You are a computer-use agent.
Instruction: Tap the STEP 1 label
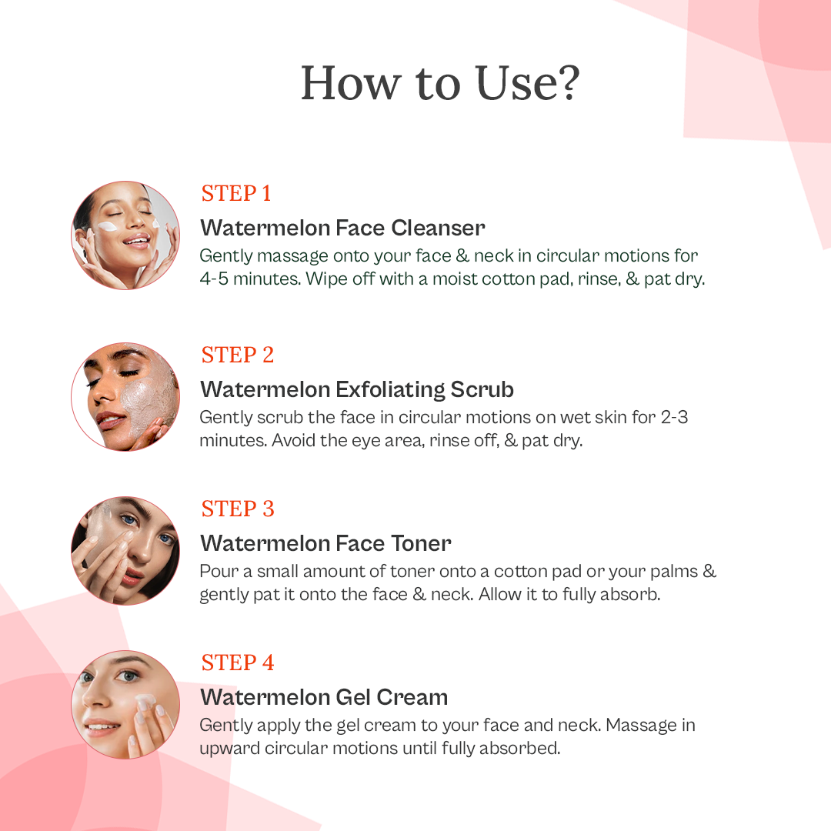click(x=236, y=193)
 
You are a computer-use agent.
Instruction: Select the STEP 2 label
click(x=238, y=355)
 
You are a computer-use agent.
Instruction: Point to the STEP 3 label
click(x=238, y=509)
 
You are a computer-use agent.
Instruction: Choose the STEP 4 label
click(x=238, y=663)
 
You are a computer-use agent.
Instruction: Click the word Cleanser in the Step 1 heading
click(x=438, y=228)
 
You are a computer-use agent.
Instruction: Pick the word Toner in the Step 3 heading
click(x=421, y=544)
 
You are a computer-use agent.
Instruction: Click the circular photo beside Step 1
click(x=125, y=235)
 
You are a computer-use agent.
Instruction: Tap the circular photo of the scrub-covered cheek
click(x=125, y=397)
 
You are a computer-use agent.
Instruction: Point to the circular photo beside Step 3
click(x=125, y=551)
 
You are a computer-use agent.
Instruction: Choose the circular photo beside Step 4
click(x=125, y=705)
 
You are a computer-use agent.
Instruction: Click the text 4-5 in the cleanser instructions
click(x=214, y=279)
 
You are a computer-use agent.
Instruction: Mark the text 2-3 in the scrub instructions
click(x=674, y=417)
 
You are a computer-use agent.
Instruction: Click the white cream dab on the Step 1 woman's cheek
click(x=108, y=226)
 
